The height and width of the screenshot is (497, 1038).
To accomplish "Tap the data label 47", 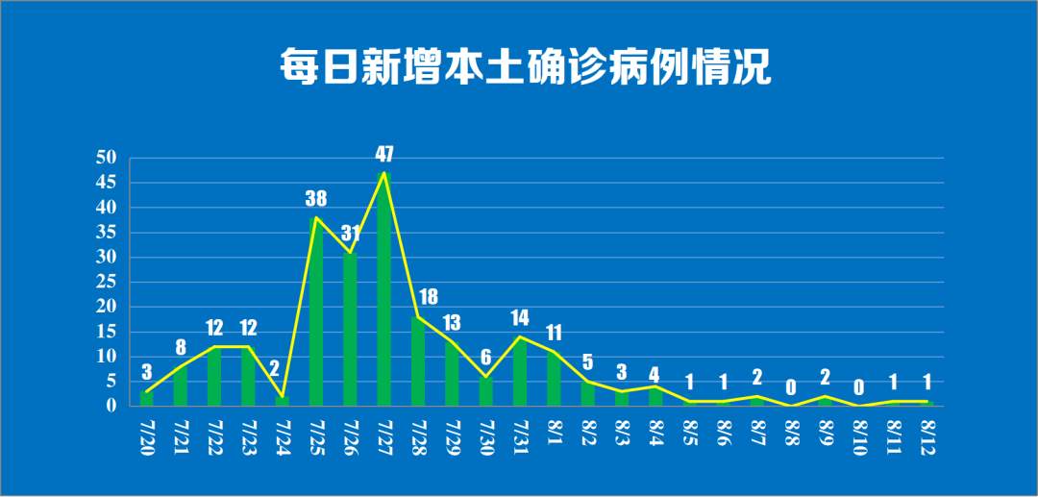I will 384,154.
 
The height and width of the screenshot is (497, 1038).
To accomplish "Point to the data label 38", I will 316,199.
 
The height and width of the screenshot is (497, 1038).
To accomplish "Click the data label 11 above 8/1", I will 554,334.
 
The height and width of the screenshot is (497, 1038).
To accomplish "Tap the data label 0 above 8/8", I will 791,388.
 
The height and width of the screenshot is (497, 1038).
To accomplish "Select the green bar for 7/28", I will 418,361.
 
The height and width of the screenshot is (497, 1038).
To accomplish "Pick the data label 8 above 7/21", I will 181,348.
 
